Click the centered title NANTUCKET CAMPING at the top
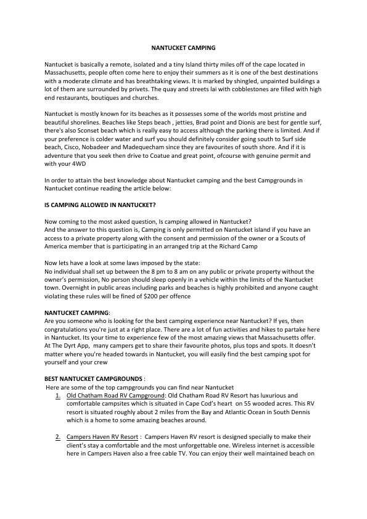point(183,47)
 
